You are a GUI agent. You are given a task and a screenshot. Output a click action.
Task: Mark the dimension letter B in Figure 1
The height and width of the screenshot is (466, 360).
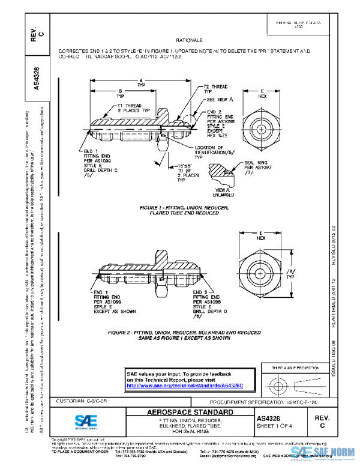(x=121, y=91)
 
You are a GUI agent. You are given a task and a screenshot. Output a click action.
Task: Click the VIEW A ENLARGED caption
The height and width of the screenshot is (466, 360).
(x=224, y=192)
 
